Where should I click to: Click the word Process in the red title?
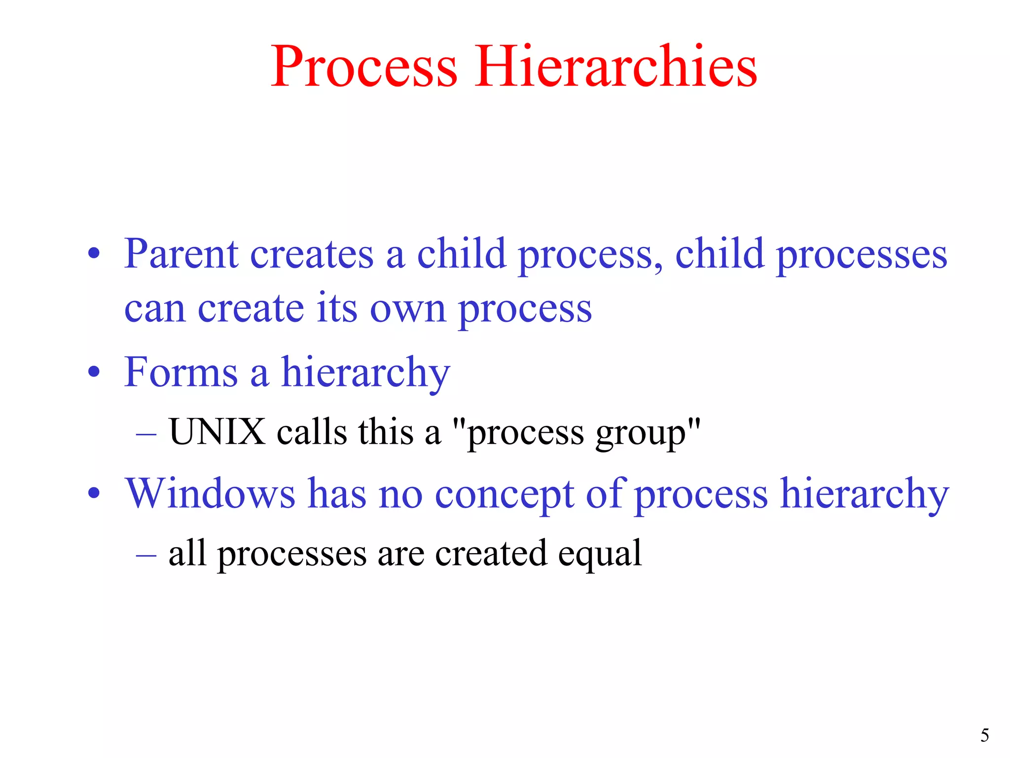point(364,67)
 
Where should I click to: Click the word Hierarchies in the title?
point(615,67)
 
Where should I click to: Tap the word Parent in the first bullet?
point(181,254)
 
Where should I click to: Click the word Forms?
point(181,372)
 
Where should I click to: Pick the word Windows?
point(211,493)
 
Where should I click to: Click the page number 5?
point(984,736)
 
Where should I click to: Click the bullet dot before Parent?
point(94,255)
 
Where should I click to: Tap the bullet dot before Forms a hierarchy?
point(94,373)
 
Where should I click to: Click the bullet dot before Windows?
point(94,493)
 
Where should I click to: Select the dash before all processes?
point(146,555)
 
